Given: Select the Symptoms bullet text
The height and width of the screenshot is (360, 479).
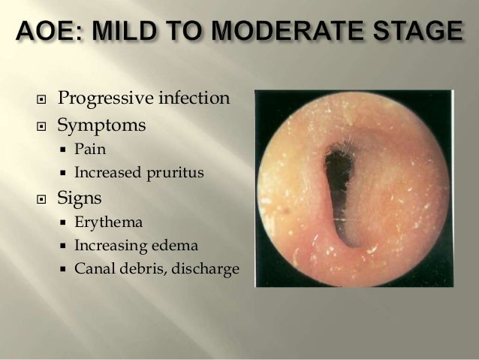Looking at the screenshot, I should click(x=101, y=125).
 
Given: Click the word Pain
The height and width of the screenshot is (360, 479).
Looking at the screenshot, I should click(x=90, y=151).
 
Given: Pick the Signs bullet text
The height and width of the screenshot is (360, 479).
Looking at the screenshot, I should click(x=80, y=200).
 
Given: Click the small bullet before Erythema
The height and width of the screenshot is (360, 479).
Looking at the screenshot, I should click(x=65, y=223).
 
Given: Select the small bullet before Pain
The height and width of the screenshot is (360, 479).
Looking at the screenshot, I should click(x=65, y=151).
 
